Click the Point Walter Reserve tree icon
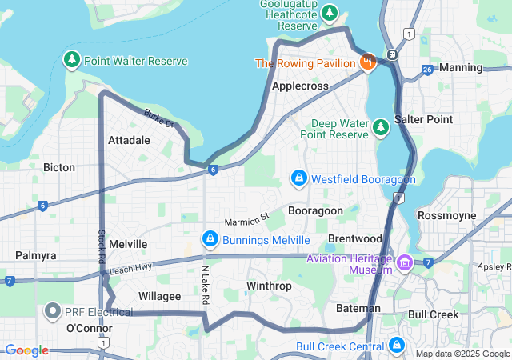click(72, 60)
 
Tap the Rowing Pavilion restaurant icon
click(368, 62)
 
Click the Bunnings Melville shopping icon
click(210, 238)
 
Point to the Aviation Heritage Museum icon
click(405, 262)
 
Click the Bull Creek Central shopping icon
click(396, 345)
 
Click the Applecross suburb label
click(302, 85)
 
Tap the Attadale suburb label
click(129, 139)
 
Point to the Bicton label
click(59, 167)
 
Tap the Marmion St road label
click(247, 218)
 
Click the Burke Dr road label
click(158, 119)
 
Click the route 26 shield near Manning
click(427, 69)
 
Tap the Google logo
click(27, 350)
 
